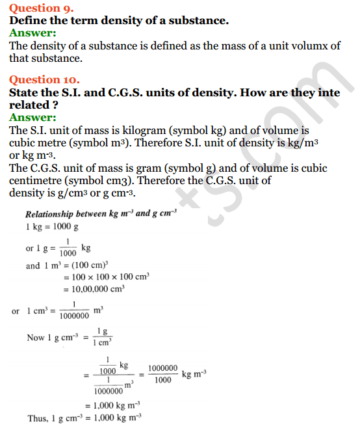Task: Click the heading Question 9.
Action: pos(41,8)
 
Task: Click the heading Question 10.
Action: pos(44,80)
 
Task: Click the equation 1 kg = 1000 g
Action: pos(52,227)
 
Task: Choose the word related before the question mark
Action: pos(32,105)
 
